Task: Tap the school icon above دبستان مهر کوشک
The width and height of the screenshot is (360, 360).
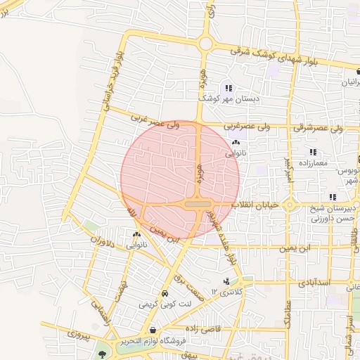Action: tap(229, 88)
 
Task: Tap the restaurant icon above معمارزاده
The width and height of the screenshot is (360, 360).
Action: tap(313, 152)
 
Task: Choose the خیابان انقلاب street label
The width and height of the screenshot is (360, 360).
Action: tap(261, 205)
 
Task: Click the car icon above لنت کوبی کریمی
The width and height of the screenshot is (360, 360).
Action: tap(165, 293)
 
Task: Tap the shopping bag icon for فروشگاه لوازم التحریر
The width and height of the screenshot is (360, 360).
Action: tap(152, 330)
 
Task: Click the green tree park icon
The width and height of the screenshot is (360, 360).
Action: tap(103, 354)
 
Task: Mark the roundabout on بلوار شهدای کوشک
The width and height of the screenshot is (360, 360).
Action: tap(205, 44)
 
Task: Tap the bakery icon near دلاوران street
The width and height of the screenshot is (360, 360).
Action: tap(136, 235)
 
